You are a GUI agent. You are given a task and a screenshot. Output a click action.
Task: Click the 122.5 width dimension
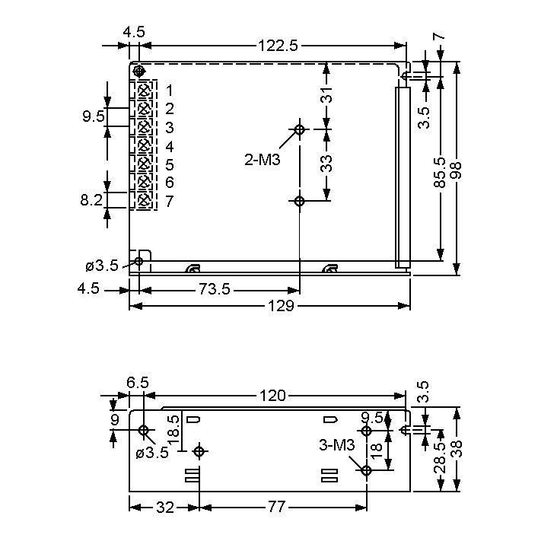(278, 46)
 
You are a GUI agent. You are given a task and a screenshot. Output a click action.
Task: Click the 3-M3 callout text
(337, 446)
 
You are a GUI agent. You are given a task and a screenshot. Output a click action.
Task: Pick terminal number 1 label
(170, 91)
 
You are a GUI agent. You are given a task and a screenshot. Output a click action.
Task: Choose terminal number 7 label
(170, 201)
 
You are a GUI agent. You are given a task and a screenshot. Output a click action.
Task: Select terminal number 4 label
(170, 146)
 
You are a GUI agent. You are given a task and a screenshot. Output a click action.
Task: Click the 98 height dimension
(457, 169)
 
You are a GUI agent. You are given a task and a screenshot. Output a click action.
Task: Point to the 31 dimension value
(326, 97)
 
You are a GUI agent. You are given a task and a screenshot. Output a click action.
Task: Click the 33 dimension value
(326, 164)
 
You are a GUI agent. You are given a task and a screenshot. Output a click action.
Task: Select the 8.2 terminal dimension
(92, 201)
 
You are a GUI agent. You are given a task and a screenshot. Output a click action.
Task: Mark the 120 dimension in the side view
(272, 396)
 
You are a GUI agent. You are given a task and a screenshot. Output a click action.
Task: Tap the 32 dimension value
(164, 508)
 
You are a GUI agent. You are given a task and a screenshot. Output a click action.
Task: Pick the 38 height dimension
(457, 449)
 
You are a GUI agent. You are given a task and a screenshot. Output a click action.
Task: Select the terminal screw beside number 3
(142, 127)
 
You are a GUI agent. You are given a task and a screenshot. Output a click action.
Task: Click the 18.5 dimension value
(173, 431)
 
